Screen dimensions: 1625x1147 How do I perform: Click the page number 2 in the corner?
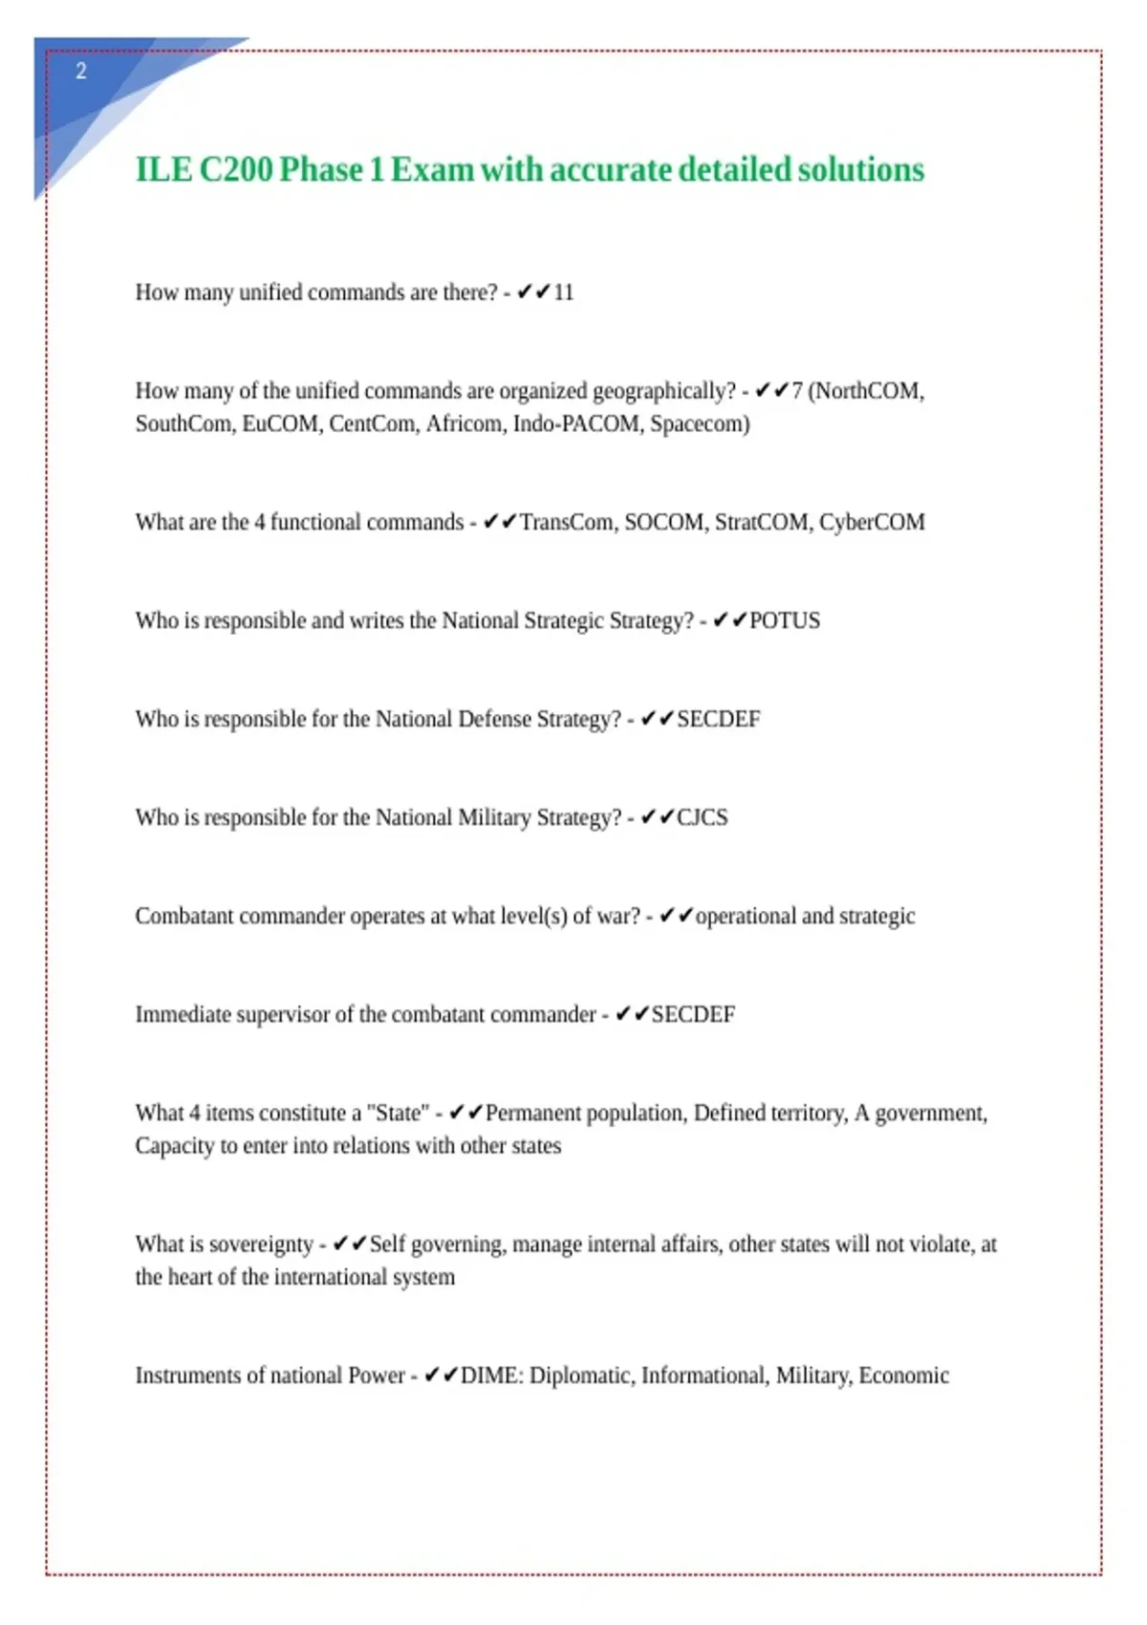tap(81, 71)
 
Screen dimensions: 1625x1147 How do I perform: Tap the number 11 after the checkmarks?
tap(564, 292)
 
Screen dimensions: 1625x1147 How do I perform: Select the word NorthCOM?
tap(868, 391)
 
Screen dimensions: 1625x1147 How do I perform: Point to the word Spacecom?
tap(700, 423)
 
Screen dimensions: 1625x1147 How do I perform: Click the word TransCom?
tap(567, 522)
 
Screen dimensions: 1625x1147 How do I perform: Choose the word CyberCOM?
tap(872, 522)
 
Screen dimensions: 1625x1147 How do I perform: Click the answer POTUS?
tap(785, 620)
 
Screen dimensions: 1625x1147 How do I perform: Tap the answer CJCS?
tap(703, 817)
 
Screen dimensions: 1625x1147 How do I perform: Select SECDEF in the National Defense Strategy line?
tap(719, 719)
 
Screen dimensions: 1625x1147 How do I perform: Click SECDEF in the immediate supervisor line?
tap(693, 1014)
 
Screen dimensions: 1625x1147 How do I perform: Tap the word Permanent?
tap(532, 1113)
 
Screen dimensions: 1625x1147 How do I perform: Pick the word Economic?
tap(903, 1376)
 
